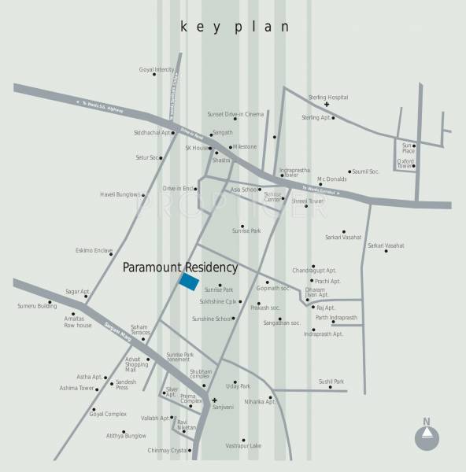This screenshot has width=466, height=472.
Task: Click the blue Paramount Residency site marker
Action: click(189, 282)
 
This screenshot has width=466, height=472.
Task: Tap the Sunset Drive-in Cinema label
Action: click(235, 114)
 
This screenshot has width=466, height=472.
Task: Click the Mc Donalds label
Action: click(331, 179)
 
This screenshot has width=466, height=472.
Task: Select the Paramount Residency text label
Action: click(180, 267)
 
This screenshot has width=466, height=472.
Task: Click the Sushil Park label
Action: click(331, 382)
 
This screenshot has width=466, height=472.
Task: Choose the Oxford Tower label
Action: click(405, 164)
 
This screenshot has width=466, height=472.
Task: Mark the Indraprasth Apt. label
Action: click(324, 334)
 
